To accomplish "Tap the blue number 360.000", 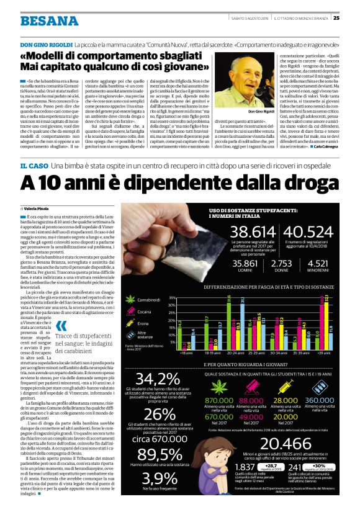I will tap(320, 401).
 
